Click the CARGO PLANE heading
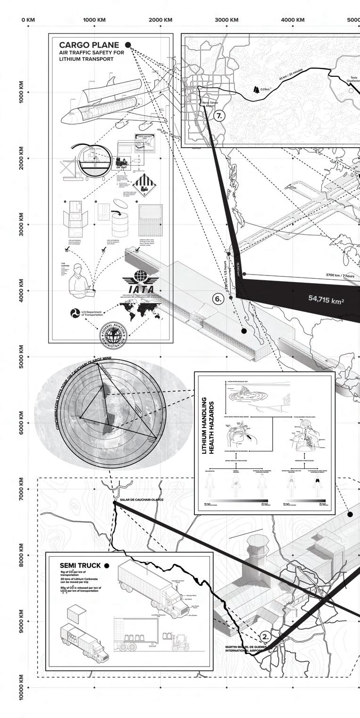89,45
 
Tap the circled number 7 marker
220,116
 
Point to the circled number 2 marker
266,636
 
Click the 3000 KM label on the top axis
226,20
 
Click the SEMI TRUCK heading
80,566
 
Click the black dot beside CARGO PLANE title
127,45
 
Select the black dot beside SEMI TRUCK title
107,566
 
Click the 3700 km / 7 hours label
340,275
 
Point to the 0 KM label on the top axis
28,20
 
